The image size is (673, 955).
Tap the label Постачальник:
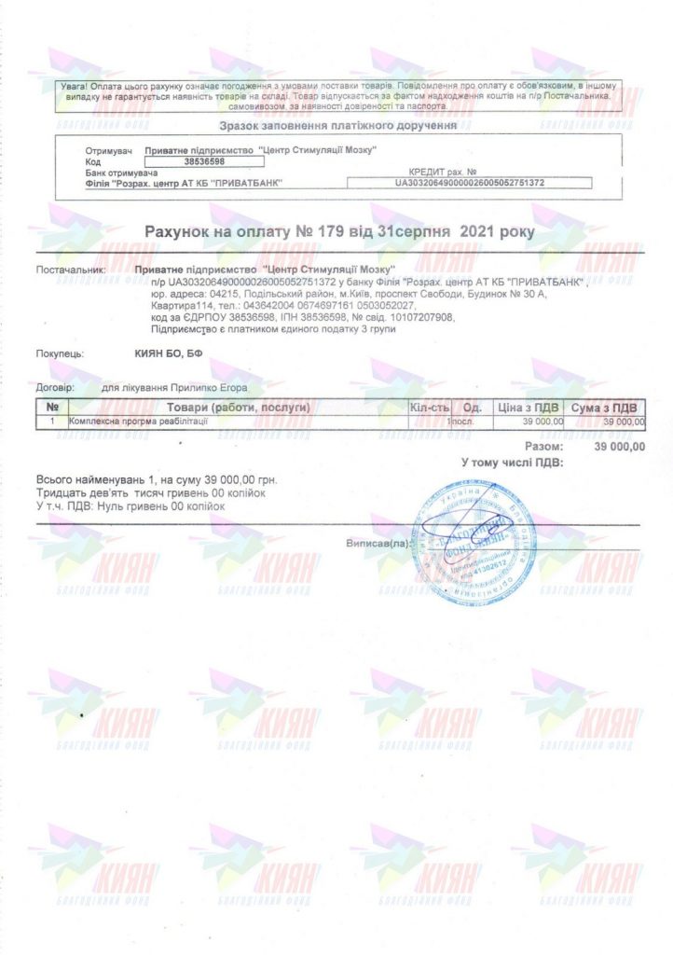click(72, 270)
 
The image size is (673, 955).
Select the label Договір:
click(55, 384)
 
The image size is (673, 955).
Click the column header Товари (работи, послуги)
click(239, 408)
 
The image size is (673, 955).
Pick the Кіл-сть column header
click(430, 408)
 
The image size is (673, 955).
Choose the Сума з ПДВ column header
click(604, 408)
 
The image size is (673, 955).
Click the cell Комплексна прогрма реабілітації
click(140, 422)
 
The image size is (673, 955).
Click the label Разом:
click(542, 447)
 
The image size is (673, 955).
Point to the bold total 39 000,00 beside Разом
click(618, 447)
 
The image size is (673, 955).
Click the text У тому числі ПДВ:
click(504, 462)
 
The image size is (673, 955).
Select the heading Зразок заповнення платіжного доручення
click(337, 125)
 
